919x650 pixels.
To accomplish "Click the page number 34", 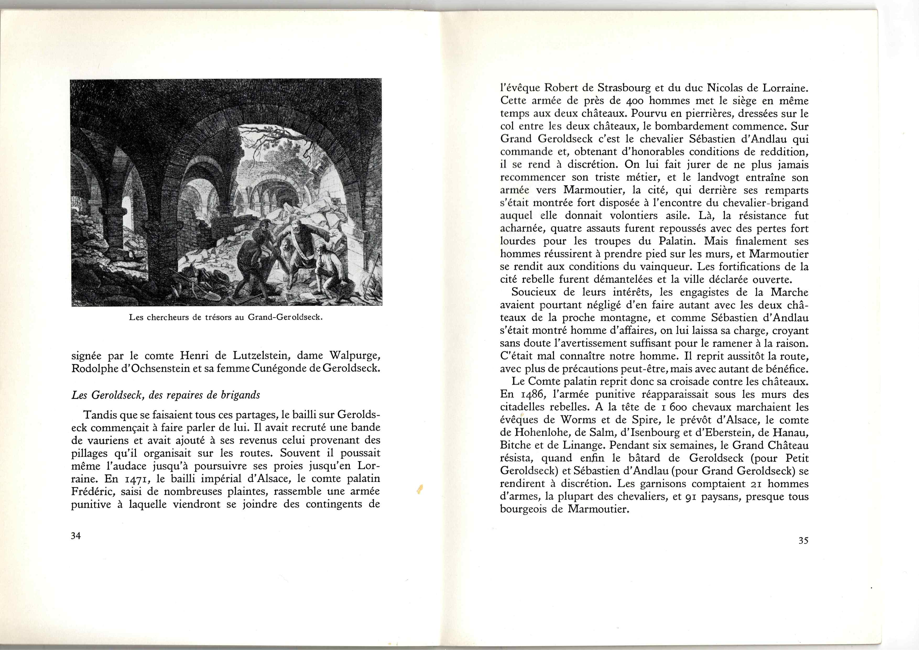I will [76, 536].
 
